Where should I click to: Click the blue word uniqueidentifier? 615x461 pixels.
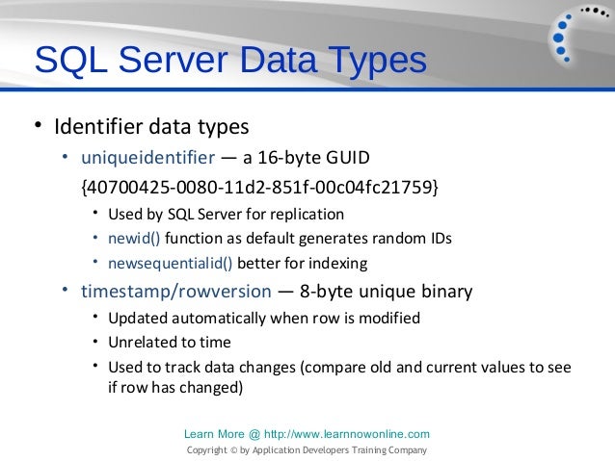(147, 157)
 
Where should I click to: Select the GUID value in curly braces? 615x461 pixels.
(259, 184)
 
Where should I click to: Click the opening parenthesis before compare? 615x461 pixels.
(305, 368)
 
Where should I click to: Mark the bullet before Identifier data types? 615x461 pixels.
(38, 125)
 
